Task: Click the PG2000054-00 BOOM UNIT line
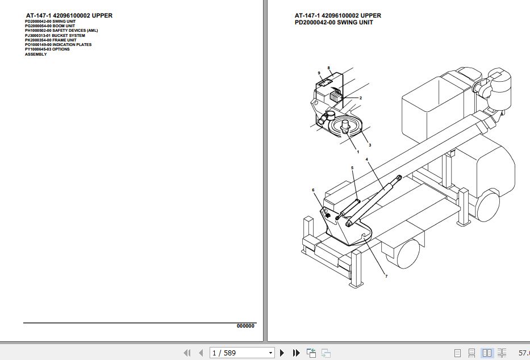point(49,26)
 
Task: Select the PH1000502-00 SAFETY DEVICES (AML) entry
point(61,31)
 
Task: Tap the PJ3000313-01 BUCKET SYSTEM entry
point(55,35)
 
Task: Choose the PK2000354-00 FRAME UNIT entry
point(51,40)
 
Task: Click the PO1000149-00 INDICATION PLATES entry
point(58,45)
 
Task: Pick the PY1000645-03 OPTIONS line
point(47,49)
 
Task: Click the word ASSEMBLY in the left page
point(36,54)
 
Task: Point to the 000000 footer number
point(245,326)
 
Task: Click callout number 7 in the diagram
point(386,277)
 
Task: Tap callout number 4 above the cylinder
point(367,160)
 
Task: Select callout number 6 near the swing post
point(313,190)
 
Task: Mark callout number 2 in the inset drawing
point(361,98)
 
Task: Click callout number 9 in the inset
point(319,73)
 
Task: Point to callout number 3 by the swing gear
point(370,145)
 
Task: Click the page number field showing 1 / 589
point(241,353)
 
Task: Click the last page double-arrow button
point(296,353)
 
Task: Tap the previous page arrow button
point(201,353)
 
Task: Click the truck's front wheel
point(488,206)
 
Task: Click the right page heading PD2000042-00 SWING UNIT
point(334,22)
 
